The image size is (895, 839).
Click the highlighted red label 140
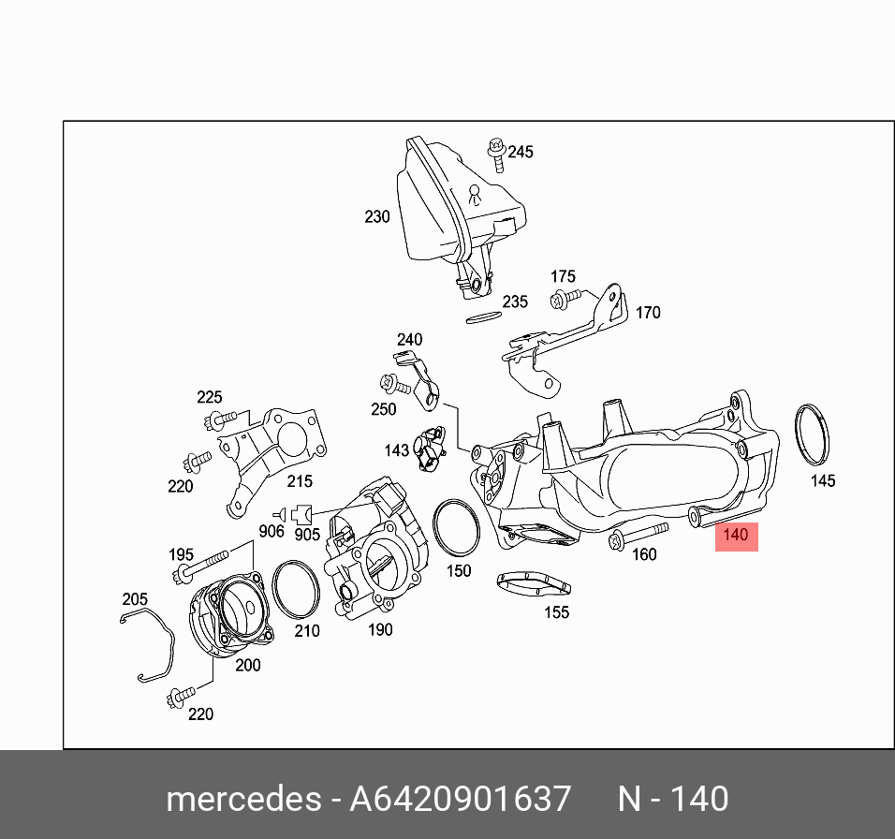click(x=737, y=537)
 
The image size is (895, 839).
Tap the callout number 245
click(x=520, y=152)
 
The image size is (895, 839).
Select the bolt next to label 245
click(x=496, y=155)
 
